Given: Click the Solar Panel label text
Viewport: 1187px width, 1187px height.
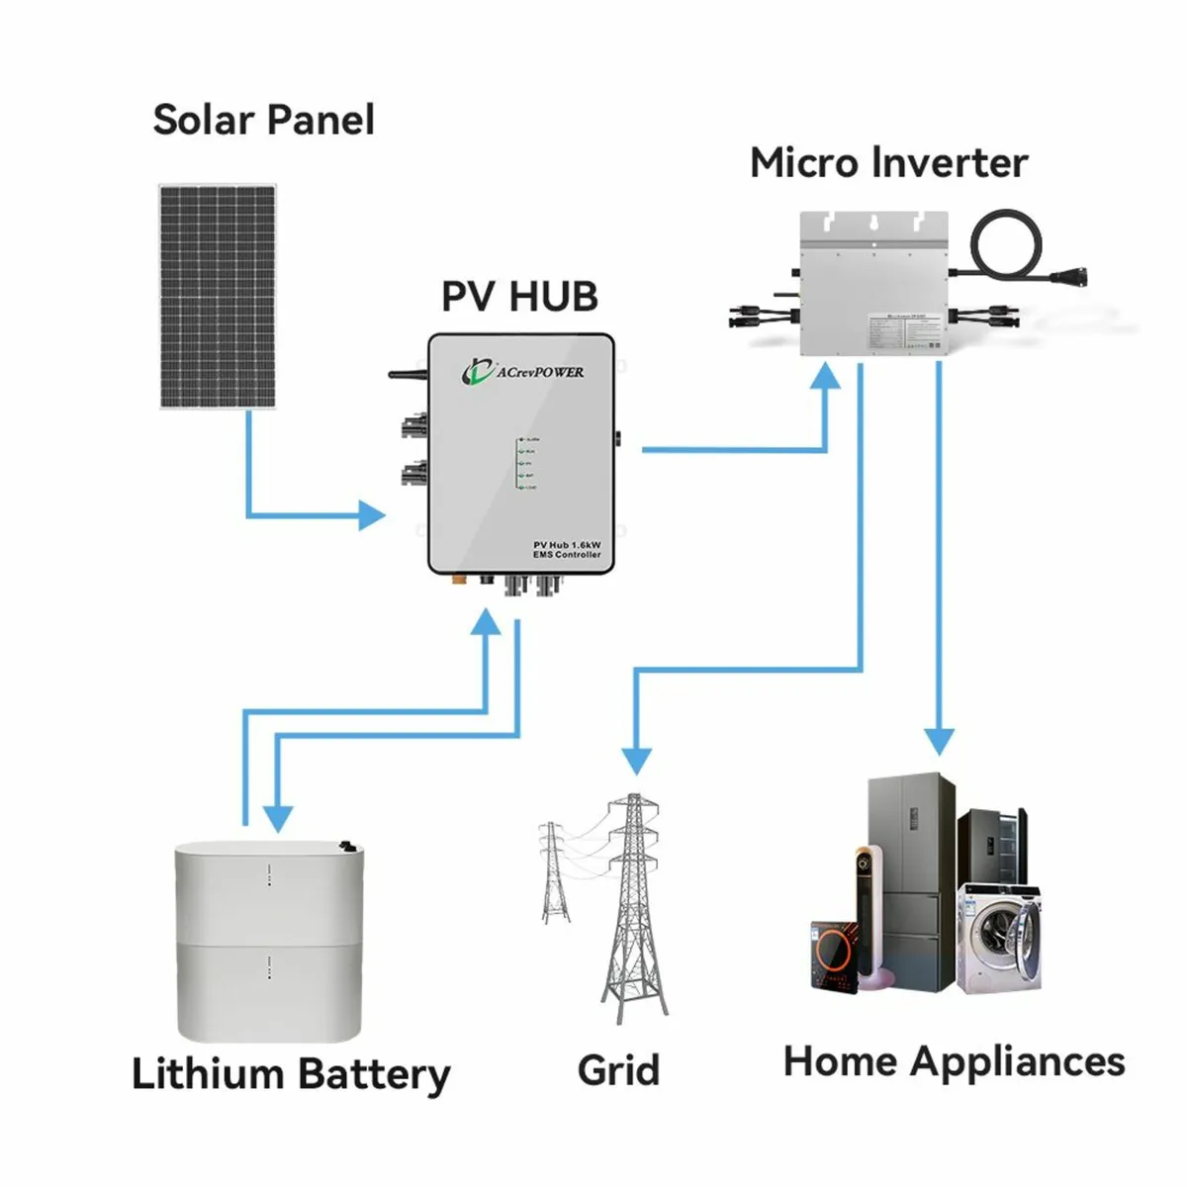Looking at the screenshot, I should tap(263, 120).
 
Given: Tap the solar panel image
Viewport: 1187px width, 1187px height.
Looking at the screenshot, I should tap(218, 296).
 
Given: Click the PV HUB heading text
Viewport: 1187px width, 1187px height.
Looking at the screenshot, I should tap(519, 297).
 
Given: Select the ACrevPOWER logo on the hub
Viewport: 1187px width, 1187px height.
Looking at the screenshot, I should tap(523, 372).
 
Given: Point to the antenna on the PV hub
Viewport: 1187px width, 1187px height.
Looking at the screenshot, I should tap(406, 375).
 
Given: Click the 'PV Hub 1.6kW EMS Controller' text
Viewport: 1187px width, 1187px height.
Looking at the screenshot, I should tap(566, 550).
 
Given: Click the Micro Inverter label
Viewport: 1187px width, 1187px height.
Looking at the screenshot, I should tap(888, 163).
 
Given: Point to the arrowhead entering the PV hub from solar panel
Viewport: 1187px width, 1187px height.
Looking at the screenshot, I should tap(372, 514).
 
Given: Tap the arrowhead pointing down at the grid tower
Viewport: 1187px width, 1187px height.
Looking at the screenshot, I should tap(636, 760).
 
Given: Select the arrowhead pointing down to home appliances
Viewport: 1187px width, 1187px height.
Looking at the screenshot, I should tap(938, 742).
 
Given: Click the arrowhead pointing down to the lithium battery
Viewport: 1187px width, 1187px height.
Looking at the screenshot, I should tap(278, 817).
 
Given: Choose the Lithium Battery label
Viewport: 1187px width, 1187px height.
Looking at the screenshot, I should tap(290, 1074).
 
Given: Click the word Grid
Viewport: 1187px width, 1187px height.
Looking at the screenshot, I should tap(618, 1070).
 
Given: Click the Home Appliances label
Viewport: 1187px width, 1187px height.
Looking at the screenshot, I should tap(954, 1061).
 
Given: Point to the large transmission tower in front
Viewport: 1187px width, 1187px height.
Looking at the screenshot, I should tap(633, 910).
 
